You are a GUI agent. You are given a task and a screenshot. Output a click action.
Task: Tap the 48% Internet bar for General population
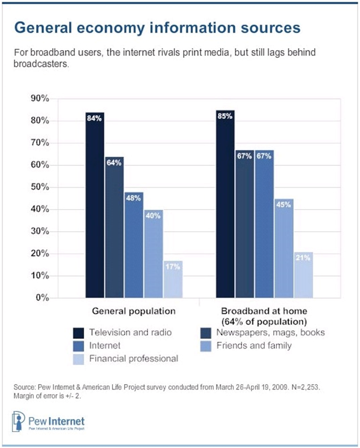tap(133, 245)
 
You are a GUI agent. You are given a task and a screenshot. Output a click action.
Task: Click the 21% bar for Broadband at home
tap(303, 275)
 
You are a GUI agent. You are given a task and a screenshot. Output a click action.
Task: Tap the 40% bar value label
tap(153, 215)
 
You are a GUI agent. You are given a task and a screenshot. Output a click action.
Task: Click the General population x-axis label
tap(133, 310)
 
